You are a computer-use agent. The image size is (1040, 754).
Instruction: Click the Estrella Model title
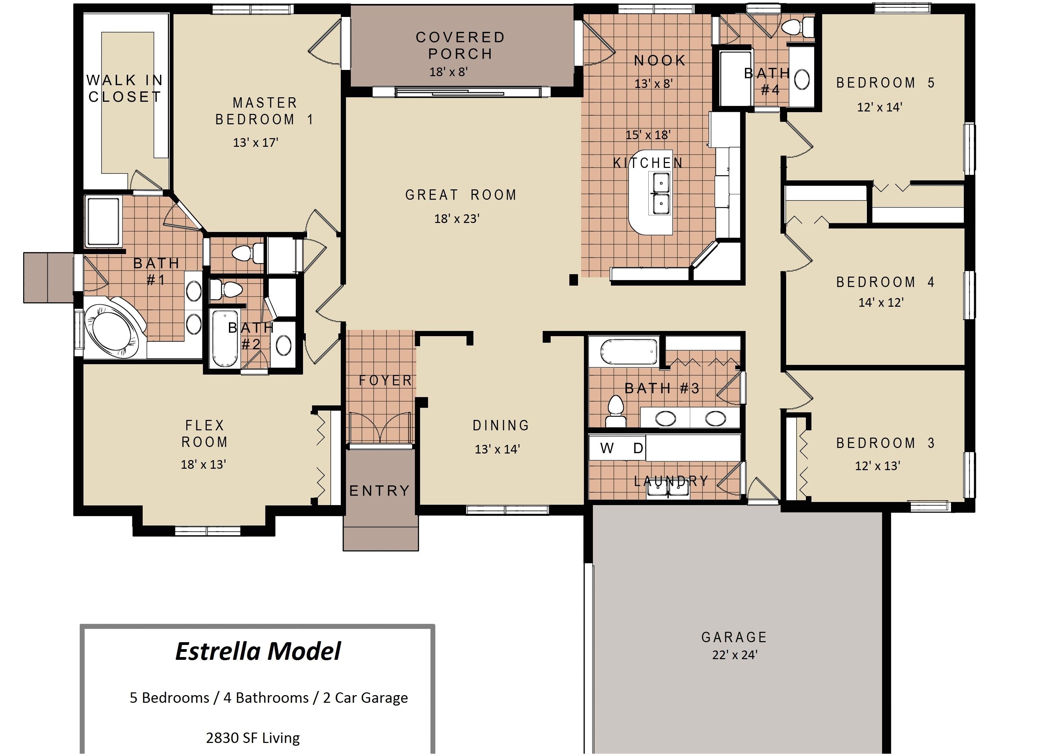point(258,651)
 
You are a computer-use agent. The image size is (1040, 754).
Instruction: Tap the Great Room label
point(461,195)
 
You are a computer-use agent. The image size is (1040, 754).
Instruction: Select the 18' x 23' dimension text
point(457,219)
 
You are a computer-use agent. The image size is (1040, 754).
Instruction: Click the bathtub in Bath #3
point(629,352)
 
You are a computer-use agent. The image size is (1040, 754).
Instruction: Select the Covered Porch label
point(460,45)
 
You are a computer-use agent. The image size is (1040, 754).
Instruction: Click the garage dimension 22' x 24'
point(734,655)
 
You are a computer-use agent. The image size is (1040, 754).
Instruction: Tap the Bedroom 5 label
point(885,83)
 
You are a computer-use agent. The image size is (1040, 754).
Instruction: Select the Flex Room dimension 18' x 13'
point(203,464)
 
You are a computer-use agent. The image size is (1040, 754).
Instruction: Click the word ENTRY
point(380,491)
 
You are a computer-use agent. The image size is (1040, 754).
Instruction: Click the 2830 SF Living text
point(253,738)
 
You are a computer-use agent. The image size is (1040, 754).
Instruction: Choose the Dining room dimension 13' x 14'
point(497,449)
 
